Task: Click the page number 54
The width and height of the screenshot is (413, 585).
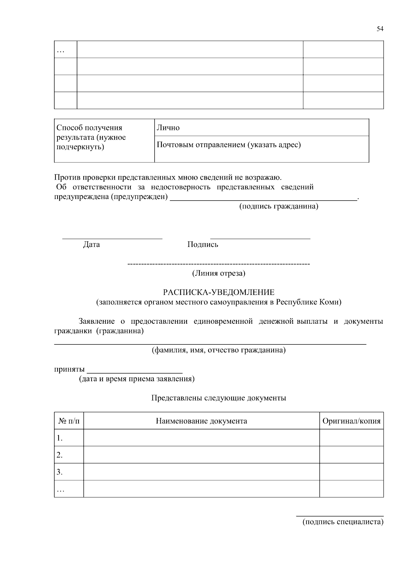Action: [380, 29]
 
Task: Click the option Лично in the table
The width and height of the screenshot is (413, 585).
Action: [168, 128]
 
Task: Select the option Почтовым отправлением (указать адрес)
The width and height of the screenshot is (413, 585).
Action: [229, 145]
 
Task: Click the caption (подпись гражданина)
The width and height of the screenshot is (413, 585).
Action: [278, 206]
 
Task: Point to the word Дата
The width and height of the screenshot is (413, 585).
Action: [92, 245]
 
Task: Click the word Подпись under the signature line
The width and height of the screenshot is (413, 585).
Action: [203, 245]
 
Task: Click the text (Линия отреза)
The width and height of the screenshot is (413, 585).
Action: [219, 273]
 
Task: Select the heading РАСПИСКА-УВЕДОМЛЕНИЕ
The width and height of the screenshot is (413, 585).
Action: [219, 293]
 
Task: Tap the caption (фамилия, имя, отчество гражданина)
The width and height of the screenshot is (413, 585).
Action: [219, 350]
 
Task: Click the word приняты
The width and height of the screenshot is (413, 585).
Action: [69, 370]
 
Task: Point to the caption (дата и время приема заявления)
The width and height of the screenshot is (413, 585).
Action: [137, 379]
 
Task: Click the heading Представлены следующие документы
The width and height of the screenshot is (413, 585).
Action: [219, 398]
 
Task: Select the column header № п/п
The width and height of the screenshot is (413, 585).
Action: [69, 421]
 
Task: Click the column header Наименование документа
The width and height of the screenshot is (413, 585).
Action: [201, 421]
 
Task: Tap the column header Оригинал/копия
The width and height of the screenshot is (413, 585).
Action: [351, 421]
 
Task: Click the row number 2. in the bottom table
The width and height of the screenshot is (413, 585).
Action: [60, 455]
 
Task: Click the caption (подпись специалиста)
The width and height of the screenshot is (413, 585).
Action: [343, 522]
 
